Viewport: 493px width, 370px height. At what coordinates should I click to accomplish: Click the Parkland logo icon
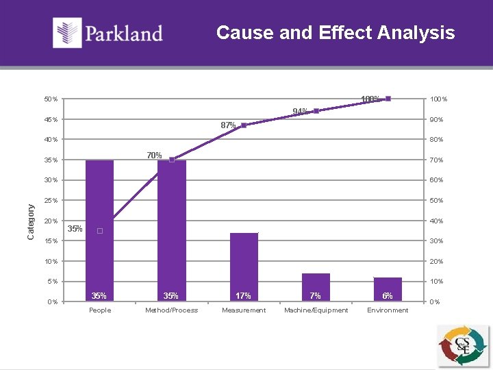coord(68,33)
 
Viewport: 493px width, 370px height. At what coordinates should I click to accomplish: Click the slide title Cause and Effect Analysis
coord(336,32)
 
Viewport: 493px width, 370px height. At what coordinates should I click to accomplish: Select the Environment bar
coord(388,288)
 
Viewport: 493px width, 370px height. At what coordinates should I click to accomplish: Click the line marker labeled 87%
coord(244,125)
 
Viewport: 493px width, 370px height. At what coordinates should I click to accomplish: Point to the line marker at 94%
coord(316,111)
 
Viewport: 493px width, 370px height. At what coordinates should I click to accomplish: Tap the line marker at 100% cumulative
coord(388,99)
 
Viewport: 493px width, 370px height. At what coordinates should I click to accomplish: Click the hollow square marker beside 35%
coord(100,231)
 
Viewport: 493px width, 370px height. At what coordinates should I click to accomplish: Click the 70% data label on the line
coord(154,156)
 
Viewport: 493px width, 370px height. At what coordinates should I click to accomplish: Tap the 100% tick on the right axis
coord(438,99)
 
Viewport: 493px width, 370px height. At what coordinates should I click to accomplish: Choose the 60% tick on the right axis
coord(436,180)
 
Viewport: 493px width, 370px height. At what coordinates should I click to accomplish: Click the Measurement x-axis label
coord(244,310)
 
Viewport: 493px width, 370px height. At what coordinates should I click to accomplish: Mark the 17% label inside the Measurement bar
coord(243,296)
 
